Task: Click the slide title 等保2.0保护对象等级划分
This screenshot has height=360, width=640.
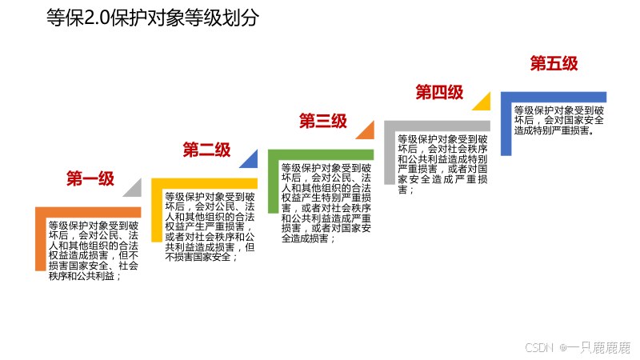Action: click(153, 18)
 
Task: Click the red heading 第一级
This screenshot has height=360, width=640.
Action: click(90, 178)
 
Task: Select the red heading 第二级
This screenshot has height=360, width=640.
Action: click(206, 150)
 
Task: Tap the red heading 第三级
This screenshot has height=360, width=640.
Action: click(323, 121)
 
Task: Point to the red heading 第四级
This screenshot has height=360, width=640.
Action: click(439, 92)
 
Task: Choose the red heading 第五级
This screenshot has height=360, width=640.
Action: click(554, 63)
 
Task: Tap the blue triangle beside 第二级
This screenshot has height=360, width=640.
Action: click(250, 161)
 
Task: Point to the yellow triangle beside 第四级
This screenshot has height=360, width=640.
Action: click(482, 103)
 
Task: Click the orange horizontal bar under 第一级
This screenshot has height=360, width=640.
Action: click(88, 211)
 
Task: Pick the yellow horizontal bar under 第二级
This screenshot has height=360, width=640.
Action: click(204, 183)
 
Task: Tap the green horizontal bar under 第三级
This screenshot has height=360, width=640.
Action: click(320, 154)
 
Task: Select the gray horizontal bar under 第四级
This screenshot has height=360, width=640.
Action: click(437, 126)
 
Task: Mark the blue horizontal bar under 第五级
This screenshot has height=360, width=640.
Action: click(553, 97)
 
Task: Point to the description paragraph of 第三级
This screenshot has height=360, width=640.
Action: click(326, 203)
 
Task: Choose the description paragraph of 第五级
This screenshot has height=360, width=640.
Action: click(558, 120)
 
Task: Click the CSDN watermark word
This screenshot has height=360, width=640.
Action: click(539, 348)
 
